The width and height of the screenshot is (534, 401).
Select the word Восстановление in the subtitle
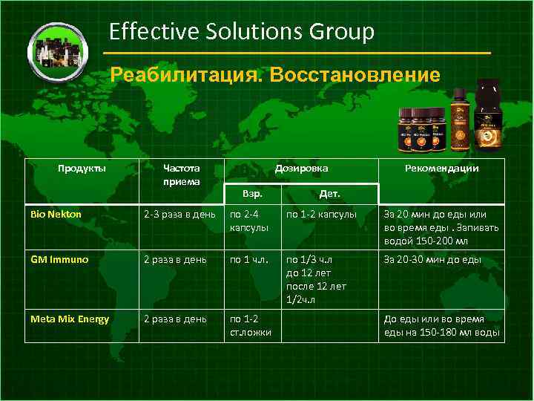[x=355, y=75]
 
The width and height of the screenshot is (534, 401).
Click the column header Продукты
[x=82, y=168]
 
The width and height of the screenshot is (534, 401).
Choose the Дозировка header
[x=301, y=168]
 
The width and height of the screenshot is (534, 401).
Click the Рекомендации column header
[x=441, y=168]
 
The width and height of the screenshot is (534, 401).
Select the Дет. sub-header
[x=329, y=194]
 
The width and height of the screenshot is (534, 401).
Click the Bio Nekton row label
[x=56, y=215]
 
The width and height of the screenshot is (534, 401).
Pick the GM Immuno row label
[x=59, y=259]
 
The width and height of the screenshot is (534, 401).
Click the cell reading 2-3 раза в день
[x=180, y=215]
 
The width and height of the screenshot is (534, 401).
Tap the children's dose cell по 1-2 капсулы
[x=321, y=215]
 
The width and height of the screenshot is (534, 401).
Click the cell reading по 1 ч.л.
[x=250, y=259]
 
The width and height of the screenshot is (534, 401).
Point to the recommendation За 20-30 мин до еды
[x=432, y=259]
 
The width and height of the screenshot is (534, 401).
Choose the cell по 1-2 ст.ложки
[x=251, y=325]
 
